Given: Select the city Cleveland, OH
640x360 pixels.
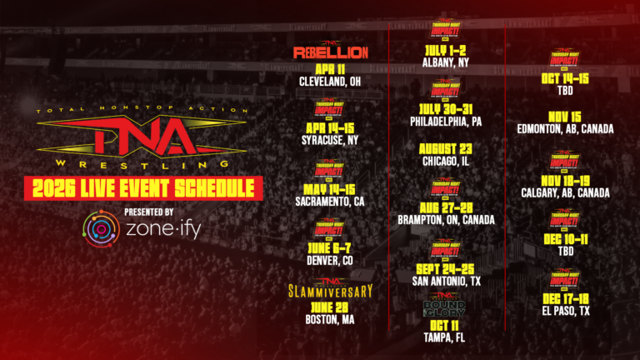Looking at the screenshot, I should pyautogui.click(x=331, y=82).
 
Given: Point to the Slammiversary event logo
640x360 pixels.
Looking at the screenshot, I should pyautogui.click(x=331, y=290).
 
